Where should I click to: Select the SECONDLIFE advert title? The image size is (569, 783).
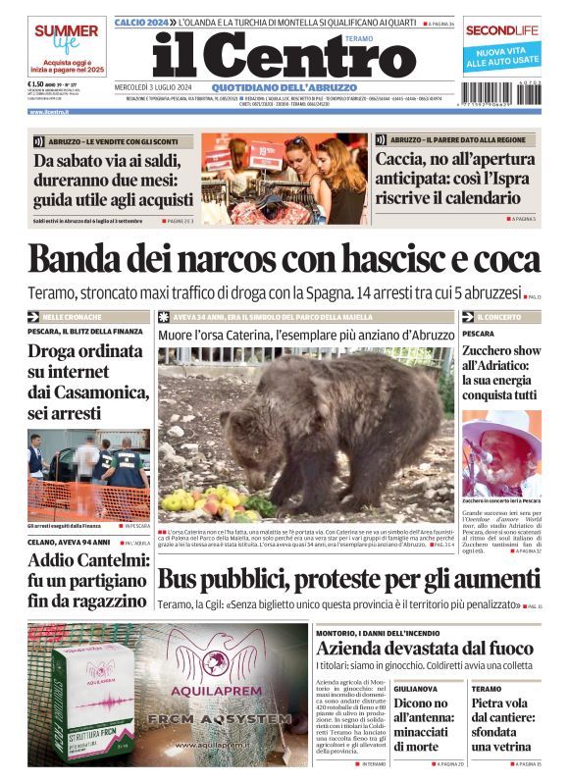[502, 30]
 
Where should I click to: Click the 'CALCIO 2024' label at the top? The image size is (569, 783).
[143, 22]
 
